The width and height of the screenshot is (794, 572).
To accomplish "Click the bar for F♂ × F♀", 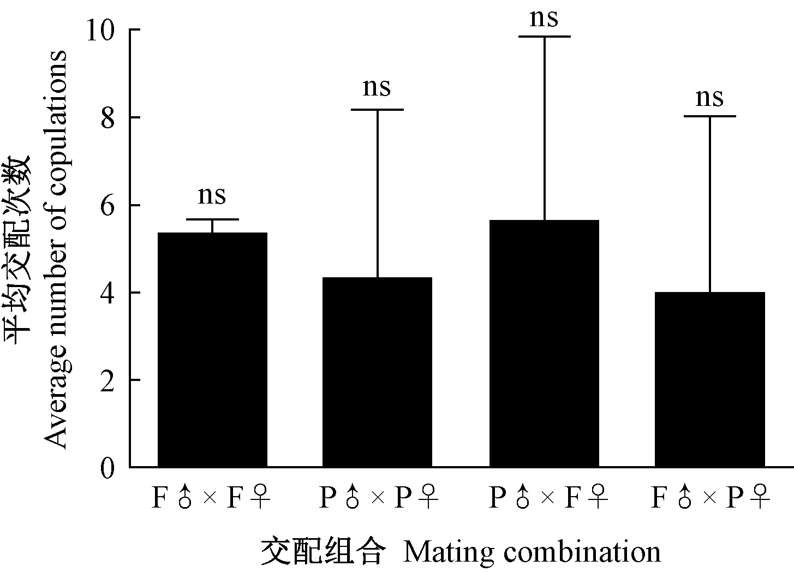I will pos(212,349).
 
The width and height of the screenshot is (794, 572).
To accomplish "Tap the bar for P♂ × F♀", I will pos(544,344).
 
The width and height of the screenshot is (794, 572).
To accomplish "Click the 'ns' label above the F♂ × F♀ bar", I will pos(212,195).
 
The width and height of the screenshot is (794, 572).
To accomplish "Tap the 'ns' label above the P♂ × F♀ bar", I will pos(544,17).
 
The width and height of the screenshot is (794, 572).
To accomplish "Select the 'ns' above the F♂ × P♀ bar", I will pos(710,98).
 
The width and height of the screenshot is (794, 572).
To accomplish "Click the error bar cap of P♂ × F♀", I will pos(544,37).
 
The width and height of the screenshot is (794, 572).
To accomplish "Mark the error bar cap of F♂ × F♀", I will pos(212,219).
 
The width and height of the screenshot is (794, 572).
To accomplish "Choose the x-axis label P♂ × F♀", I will pos(547,498).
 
